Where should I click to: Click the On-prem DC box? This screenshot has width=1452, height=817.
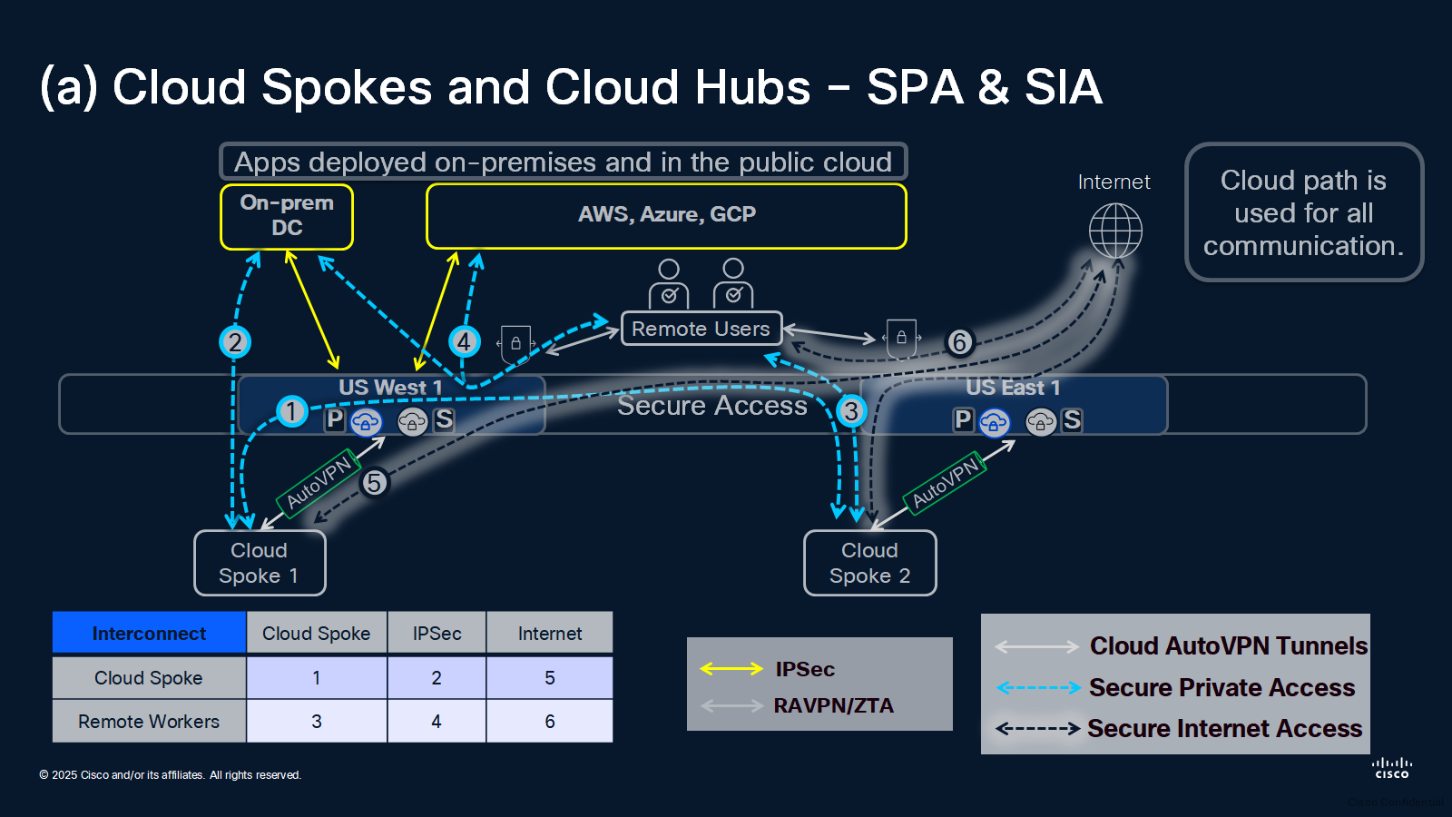(x=287, y=217)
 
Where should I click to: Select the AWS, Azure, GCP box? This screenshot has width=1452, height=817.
(x=666, y=216)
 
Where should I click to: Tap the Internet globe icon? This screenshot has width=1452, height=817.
(x=1115, y=231)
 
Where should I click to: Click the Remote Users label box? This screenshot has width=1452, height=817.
(x=701, y=328)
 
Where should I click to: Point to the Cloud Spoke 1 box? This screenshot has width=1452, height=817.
(x=260, y=563)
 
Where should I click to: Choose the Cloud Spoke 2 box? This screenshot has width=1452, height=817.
(x=870, y=563)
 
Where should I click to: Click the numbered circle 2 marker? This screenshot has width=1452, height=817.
(x=235, y=341)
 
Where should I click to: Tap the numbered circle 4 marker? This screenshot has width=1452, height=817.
(x=464, y=341)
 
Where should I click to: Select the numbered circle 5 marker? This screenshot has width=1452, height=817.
(x=374, y=482)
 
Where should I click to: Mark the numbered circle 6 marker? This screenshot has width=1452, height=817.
(x=960, y=341)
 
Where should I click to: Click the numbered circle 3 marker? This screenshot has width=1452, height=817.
(x=851, y=410)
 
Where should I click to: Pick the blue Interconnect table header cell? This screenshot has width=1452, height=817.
(x=149, y=632)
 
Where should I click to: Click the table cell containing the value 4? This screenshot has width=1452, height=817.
(x=437, y=721)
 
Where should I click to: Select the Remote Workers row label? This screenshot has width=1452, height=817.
(x=149, y=721)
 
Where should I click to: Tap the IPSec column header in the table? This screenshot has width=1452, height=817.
(x=437, y=632)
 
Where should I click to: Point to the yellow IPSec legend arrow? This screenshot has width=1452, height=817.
(x=731, y=668)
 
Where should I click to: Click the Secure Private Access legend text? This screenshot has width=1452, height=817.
(x=1221, y=687)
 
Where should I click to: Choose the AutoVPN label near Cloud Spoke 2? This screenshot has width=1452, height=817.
(x=945, y=484)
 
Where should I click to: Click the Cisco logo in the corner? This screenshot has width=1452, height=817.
(x=1392, y=768)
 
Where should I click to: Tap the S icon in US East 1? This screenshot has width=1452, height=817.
(x=1072, y=420)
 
